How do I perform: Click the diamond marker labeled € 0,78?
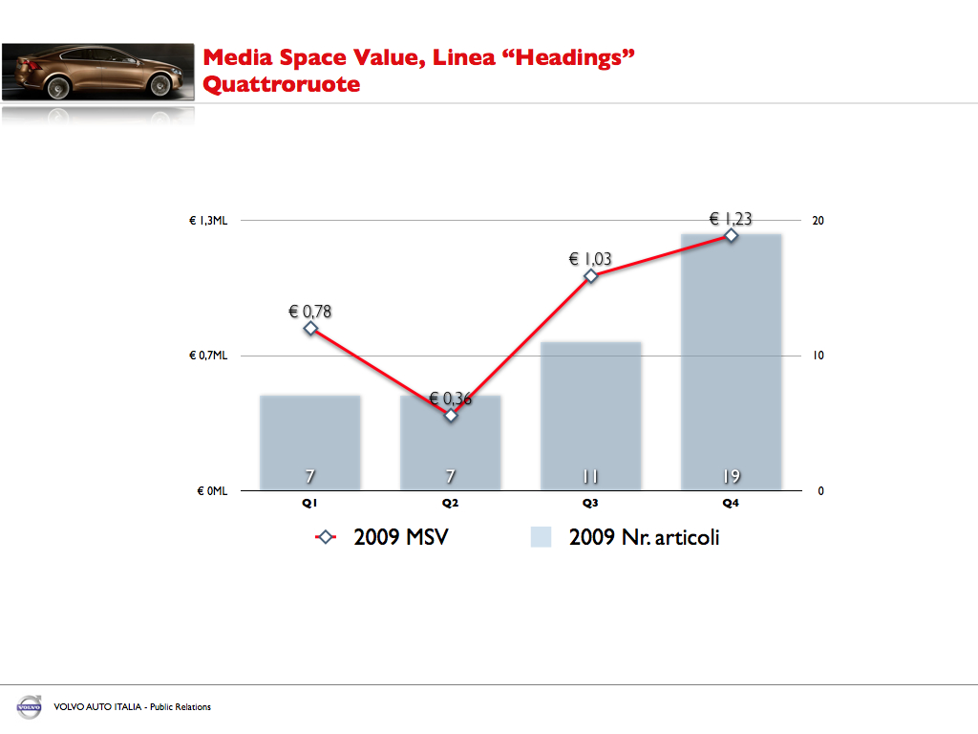coord(310,329)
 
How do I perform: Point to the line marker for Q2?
coord(451,415)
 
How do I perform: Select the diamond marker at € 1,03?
coord(591,276)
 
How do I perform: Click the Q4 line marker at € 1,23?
coord(732,235)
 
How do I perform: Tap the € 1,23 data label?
coord(731,219)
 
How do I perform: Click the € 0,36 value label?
coord(451,399)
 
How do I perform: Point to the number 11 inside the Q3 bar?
coord(591,476)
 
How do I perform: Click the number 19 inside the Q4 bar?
coord(732,476)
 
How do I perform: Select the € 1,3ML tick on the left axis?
coord(206,221)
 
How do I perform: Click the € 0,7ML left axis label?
coord(206,356)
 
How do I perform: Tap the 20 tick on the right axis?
coord(818,221)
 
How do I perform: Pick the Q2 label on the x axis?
coord(451,503)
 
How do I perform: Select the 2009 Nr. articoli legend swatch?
coord(542,537)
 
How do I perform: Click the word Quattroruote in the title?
coord(282,84)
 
